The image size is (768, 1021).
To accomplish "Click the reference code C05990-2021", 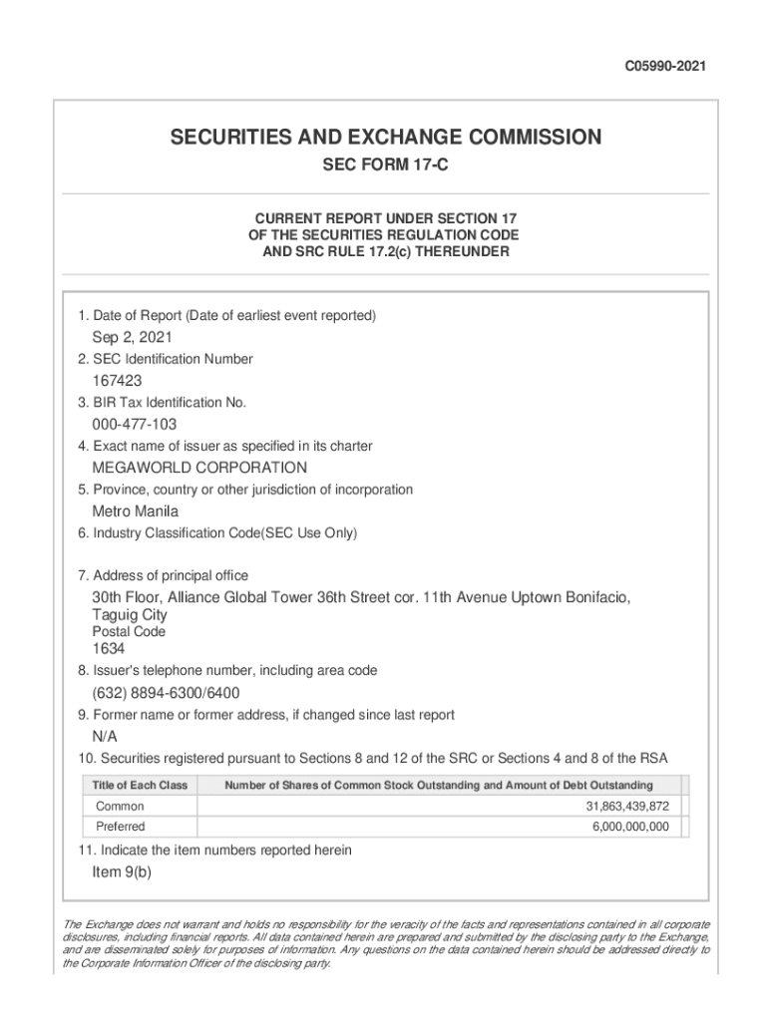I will [665, 68].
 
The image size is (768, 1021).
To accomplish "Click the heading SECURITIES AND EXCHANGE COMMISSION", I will [385, 137].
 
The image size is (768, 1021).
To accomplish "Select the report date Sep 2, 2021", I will [133, 337].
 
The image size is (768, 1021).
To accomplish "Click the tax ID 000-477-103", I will [135, 425].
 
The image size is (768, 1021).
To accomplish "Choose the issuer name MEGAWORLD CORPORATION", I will [199, 468].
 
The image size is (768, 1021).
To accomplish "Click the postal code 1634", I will [109, 649].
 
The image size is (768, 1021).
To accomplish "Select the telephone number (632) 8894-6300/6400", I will [166, 693].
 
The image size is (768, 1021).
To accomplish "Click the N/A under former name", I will [105, 737].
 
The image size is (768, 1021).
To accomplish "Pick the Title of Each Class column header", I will [140, 786].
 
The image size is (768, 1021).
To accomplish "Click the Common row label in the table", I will [120, 806].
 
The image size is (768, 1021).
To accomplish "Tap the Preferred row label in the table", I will [121, 827].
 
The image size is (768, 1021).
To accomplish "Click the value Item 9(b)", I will [122, 872].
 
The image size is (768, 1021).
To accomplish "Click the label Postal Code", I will [129, 632].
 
